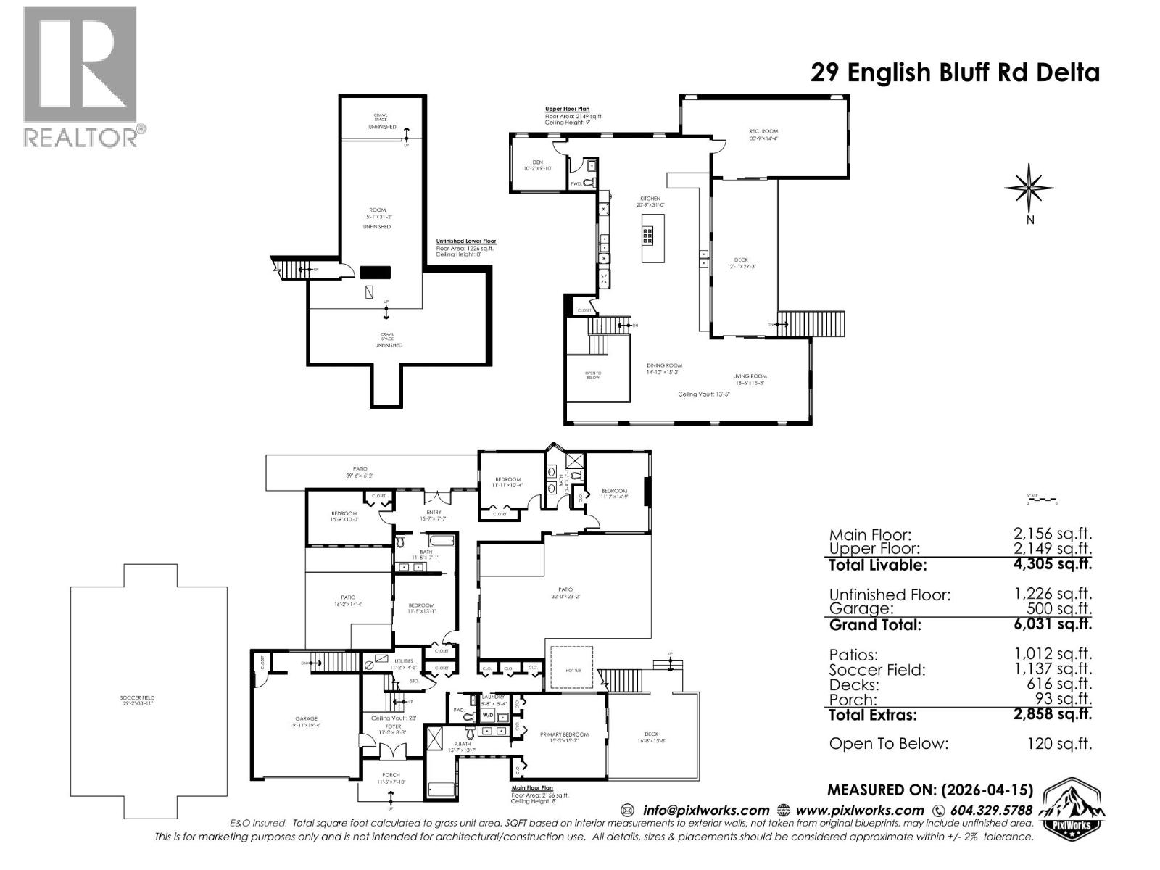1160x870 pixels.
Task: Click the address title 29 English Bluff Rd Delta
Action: point(954,72)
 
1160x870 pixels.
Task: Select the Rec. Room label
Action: point(763,135)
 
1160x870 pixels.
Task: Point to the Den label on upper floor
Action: point(537,165)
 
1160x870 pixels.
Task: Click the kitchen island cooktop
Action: point(647,234)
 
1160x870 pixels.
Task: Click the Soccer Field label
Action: point(137,701)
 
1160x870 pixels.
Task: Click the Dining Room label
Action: point(664,368)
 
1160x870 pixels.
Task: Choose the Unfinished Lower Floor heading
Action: point(465,241)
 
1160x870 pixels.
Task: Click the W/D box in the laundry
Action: point(488,716)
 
